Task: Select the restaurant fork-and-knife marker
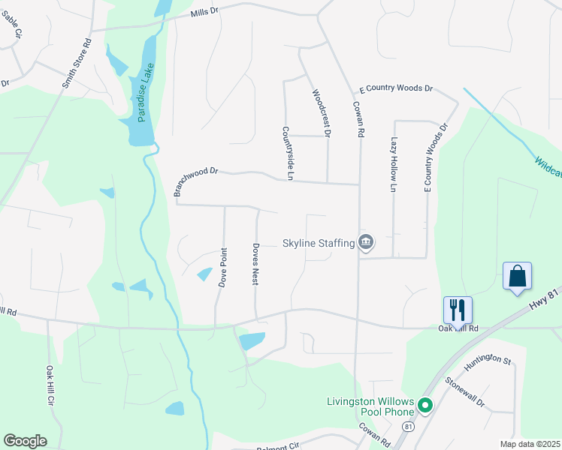(x=457, y=308)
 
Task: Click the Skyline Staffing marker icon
(x=366, y=242)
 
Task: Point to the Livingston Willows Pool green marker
(x=425, y=406)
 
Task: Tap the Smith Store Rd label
(x=76, y=63)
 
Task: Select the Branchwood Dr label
(x=195, y=181)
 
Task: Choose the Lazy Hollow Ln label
(x=393, y=165)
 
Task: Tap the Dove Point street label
(x=222, y=268)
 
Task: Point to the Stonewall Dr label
(x=466, y=393)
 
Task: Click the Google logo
(x=25, y=441)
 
